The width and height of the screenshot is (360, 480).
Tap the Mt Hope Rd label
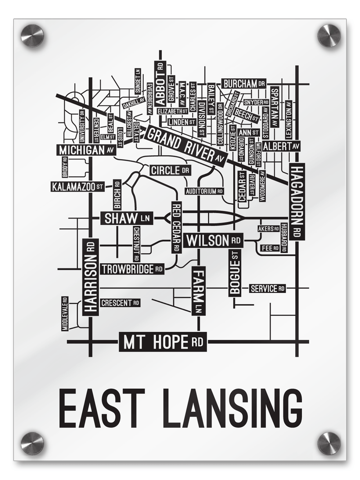pyautogui.click(x=162, y=343)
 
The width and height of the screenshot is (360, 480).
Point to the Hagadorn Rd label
pyautogui.click(x=297, y=201)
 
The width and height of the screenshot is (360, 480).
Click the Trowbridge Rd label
pyautogui.click(x=132, y=269)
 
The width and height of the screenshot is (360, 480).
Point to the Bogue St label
pyautogui.click(x=235, y=273)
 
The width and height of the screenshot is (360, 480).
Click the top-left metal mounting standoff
pyautogui.click(x=32, y=35)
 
